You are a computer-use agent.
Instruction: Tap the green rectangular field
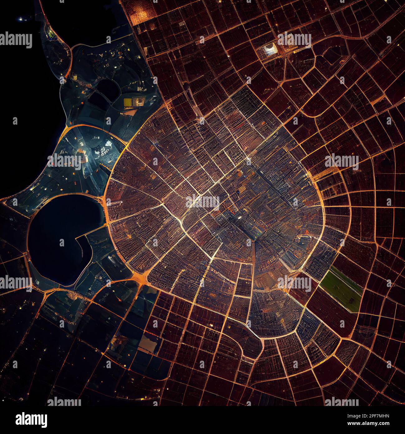(x=341, y=289)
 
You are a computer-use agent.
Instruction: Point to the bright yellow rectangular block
(x=128, y=102)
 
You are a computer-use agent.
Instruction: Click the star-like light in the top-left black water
(x=21, y=19)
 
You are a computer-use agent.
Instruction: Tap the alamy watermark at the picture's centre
(x=202, y=201)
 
